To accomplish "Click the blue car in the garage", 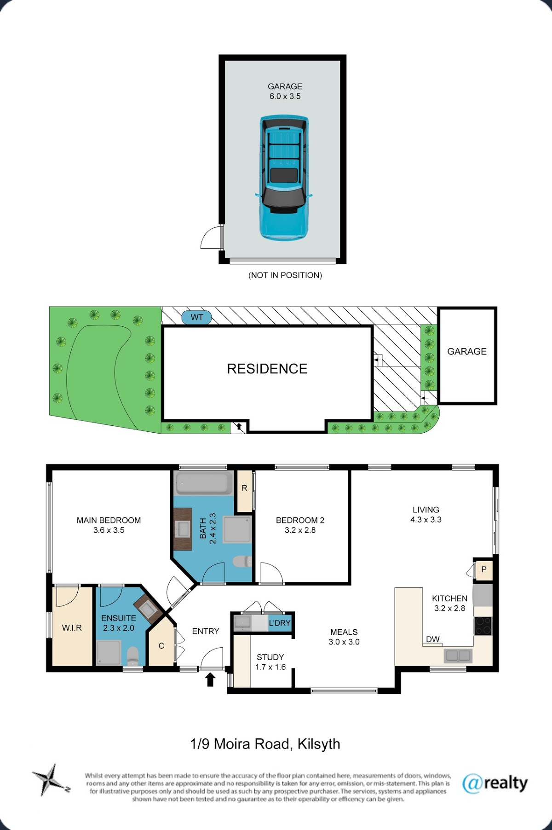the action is tap(283, 178).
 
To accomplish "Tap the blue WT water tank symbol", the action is tap(197, 317).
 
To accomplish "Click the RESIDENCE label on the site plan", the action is tap(267, 369).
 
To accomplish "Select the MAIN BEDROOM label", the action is tap(109, 520).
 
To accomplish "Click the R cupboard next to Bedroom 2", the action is tap(244, 491).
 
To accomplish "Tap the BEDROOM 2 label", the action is tap(300, 520).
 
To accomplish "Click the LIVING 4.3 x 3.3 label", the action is tap(426, 515).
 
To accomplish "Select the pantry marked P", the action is tap(483, 570).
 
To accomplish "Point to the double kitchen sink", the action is tap(458, 655).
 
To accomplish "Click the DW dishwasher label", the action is tap(433, 639).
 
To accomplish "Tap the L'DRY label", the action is tap(280, 623).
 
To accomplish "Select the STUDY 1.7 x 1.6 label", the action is tap(270, 662).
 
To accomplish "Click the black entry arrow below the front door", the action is tap(210, 679).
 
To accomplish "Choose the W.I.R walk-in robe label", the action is tap(72, 628).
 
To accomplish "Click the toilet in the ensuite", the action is tap(132, 656).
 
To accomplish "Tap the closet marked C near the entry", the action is tap(161, 643).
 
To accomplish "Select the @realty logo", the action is tap(495, 783).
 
